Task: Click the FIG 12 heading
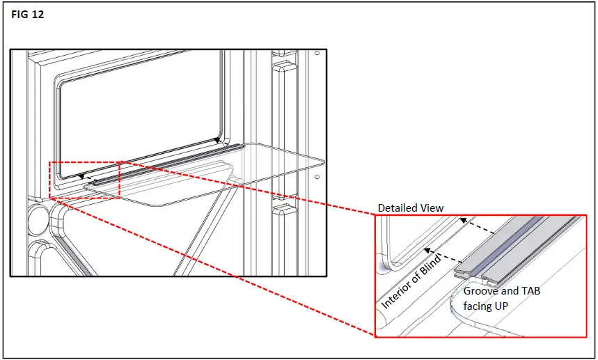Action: pos(28,14)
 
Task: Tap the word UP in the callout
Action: pos(501,305)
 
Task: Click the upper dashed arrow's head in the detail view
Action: pos(462,220)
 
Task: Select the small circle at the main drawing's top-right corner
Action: pos(317,54)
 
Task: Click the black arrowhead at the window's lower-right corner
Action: pos(217,140)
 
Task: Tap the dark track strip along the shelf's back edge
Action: pos(167,162)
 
